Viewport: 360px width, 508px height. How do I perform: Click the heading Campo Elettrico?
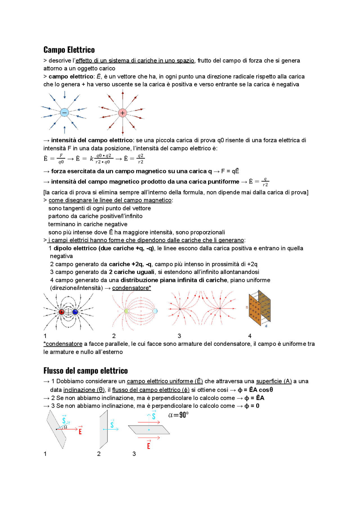[x=69, y=50]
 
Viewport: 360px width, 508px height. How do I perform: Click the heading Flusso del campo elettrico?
[x=85, y=371]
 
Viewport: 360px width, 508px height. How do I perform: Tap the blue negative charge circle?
[x=64, y=112]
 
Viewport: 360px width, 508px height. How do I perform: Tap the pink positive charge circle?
[x=122, y=113]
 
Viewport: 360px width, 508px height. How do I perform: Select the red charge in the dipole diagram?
[x=62, y=312]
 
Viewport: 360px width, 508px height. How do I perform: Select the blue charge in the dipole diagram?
[x=75, y=312]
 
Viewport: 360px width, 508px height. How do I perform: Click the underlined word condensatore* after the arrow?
[x=131, y=288]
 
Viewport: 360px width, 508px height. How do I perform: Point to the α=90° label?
[x=178, y=415]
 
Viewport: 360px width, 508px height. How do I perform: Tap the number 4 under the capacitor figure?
[x=250, y=336]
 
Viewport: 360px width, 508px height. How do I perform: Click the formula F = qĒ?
[x=230, y=171]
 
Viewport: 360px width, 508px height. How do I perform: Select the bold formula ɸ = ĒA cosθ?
[x=255, y=390]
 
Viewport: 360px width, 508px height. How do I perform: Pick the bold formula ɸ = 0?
[x=252, y=406]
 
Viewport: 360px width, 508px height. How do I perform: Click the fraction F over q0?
[x=61, y=159]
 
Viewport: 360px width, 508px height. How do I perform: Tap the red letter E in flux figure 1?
[x=80, y=432]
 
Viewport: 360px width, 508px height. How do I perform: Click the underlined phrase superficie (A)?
[x=274, y=381]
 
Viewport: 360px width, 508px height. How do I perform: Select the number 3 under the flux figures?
[x=134, y=454]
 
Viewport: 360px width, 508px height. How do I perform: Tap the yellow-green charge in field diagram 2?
[x=127, y=311]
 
